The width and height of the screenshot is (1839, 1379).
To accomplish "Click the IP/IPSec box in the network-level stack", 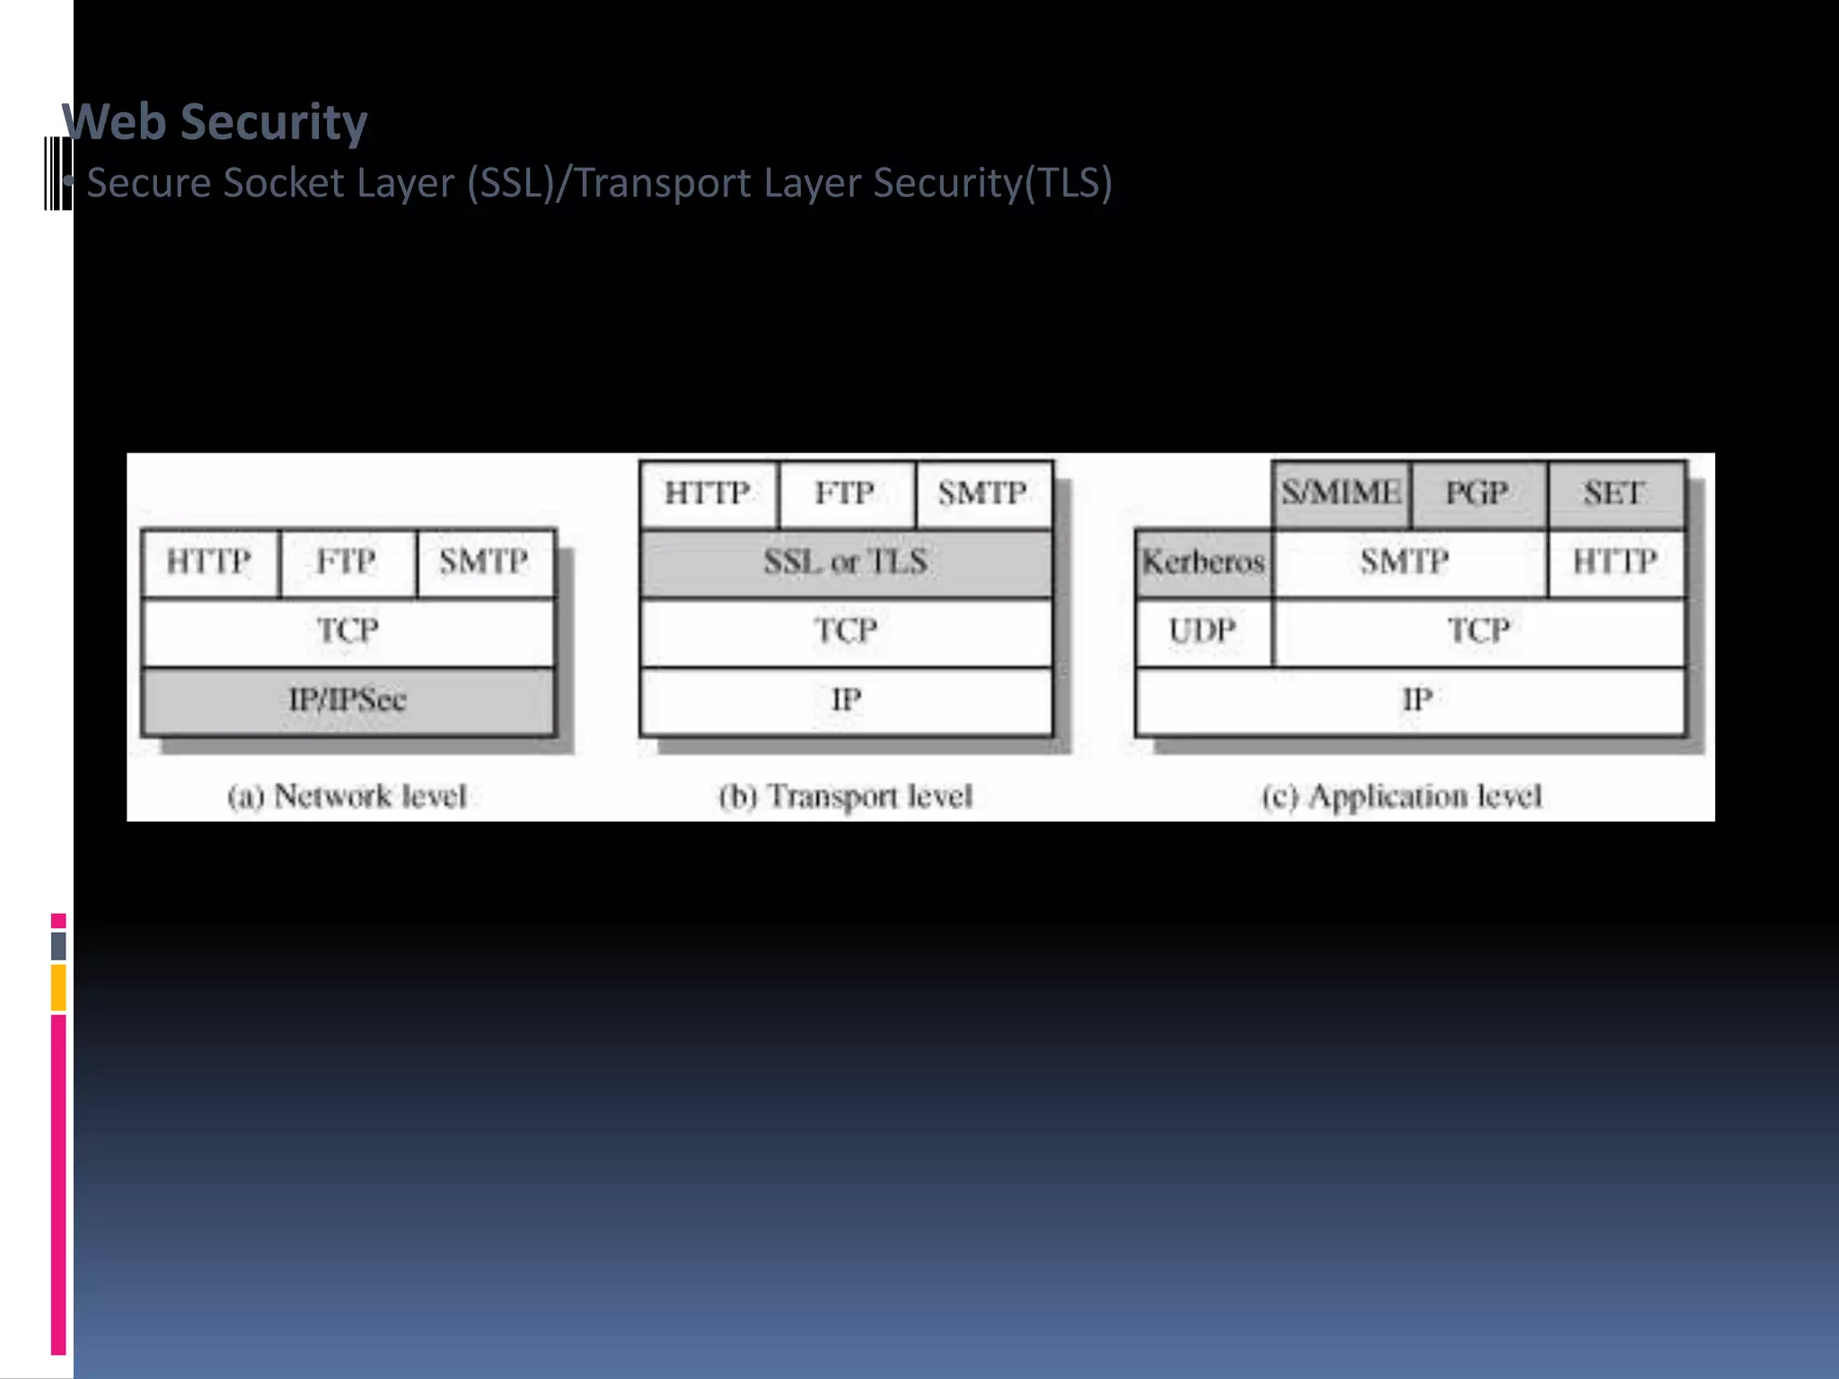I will (x=348, y=700).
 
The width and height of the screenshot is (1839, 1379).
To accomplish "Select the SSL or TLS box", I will (x=845, y=563).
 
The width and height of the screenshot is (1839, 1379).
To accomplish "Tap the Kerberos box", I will (x=1203, y=563).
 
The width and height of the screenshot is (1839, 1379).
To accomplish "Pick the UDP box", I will (x=1202, y=631).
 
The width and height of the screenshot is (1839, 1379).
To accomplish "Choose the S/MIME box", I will (x=1341, y=493).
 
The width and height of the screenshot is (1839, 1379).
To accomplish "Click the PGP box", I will (x=1477, y=493).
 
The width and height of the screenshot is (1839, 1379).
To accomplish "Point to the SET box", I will (x=1615, y=493).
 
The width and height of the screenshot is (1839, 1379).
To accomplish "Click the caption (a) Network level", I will (x=348, y=796).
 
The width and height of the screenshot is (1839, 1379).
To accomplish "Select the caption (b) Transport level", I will (x=845, y=796).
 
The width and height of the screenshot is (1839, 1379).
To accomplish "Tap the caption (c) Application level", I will (x=1402, y=796).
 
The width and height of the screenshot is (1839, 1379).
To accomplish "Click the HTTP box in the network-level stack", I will (x=209, y=563).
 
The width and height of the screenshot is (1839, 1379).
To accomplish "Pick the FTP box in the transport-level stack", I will (x=845, y=493).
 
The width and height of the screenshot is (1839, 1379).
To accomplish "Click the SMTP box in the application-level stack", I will (x=1405, y=563).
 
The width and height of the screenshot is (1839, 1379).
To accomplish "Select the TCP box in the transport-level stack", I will (x=845, y=631).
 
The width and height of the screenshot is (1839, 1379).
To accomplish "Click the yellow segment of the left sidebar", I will (x=58, y=988).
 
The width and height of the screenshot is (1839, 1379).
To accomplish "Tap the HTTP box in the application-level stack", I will (x=1615, y=563).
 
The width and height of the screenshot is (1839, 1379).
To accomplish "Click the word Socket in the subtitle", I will (x=284, y=183).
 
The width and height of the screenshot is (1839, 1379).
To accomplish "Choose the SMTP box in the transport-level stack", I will (x=982, y=493).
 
